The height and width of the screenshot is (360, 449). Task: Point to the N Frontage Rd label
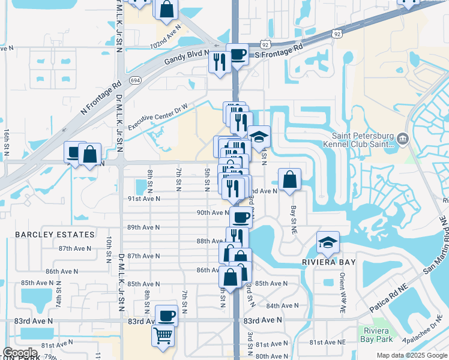pyautogui.click(x=101, y=96)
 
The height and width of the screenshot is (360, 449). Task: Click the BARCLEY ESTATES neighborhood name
pyautogui.click(x=55, y=235)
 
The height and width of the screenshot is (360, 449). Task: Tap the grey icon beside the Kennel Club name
pyautogui.click(x=402, y=140)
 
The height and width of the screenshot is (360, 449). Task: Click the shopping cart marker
pyautogui.click(x=163, y=335)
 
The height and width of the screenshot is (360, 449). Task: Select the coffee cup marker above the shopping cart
pyautogui.click(x=166, y=314)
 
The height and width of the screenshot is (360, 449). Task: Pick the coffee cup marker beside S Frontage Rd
pyautogui.click(x=237, y=54)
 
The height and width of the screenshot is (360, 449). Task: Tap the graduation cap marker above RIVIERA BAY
pyautogui.click(x=328, y=242)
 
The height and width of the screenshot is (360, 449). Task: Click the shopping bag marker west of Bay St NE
pyautogui.click(x=289, y=179)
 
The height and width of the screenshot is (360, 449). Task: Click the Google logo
pyautogui.click(x=20, y=353)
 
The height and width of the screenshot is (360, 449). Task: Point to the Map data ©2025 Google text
pyautogui.click(x=411, y=355)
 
